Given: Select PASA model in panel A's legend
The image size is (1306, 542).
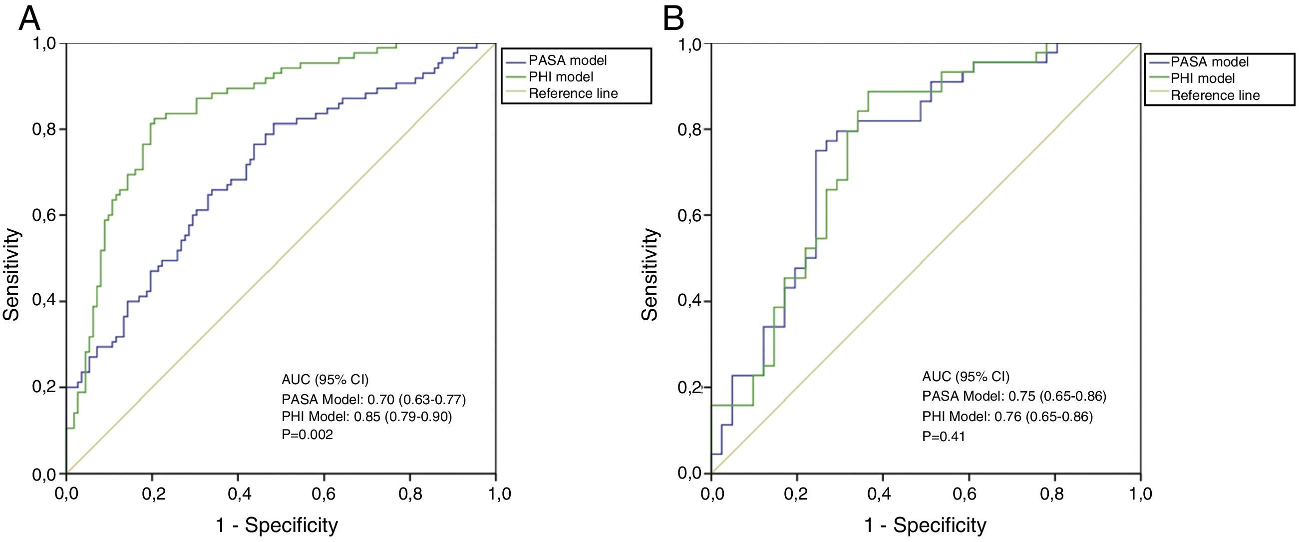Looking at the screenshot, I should pos(567,60).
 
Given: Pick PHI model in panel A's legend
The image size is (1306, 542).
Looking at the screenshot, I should pos(561,77).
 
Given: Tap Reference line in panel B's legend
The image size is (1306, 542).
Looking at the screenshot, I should pos(1215,95).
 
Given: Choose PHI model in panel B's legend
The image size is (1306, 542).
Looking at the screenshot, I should pos(1203,78).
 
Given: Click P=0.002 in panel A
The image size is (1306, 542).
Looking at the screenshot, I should pos(307,435).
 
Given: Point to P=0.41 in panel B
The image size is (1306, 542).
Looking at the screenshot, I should pos(944,437).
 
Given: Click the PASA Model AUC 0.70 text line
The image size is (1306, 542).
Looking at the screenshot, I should pos(373,400).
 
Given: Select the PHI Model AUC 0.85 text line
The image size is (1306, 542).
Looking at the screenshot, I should pos(366,417).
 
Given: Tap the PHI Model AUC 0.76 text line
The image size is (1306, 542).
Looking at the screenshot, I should pos(1007,417).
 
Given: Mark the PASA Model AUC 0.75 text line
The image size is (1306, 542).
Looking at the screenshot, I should pos(1014,396).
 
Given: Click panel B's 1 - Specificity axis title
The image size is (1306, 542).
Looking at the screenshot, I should pos(925,525).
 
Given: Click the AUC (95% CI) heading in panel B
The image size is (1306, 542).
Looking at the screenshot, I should pos(966,377).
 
